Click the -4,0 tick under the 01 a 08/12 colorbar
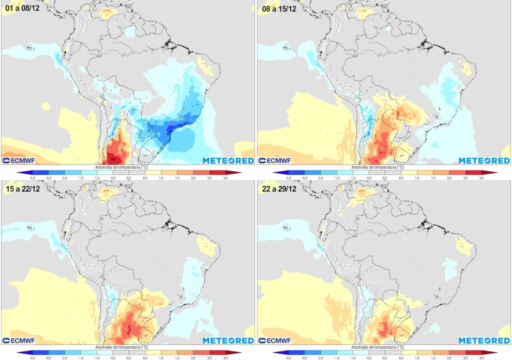[x=32, y=178]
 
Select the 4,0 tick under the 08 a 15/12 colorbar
[x=481, y=178]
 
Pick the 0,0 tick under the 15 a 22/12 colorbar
[x=128, y=358]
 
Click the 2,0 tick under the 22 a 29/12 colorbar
[x=449, y=358]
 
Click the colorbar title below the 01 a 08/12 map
[x=119, y=166]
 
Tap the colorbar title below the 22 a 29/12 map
[x=375, y=346]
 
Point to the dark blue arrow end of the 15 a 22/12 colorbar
[x=19, y=353]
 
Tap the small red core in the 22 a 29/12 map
[x=384, y=329]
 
